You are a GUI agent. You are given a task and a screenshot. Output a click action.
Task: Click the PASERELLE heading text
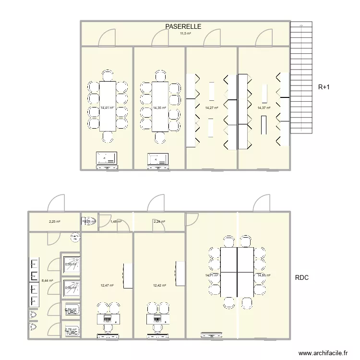coord(183,27)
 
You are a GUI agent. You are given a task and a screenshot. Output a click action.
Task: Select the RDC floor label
coord(302,277)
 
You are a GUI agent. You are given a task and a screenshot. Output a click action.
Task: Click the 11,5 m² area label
coord(185,34)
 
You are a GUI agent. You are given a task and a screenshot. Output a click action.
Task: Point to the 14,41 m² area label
coord(107,108)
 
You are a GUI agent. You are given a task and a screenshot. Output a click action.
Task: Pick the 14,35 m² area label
coord(159,108)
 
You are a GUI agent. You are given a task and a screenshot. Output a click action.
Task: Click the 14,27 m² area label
coord(212,108)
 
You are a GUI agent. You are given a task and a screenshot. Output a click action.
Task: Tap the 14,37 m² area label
coord(264,108)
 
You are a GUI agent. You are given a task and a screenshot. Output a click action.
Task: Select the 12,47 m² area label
coord(107,286)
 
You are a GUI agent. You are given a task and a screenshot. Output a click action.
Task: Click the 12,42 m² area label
coord(159,286)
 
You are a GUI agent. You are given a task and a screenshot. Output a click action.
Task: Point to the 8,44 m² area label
coord(47,281)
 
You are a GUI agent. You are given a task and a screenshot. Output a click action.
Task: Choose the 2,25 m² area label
coord(54,222)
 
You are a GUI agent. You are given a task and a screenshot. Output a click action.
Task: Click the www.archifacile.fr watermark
coord(323,352)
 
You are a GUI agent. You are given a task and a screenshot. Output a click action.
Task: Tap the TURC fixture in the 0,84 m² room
coord(72,312)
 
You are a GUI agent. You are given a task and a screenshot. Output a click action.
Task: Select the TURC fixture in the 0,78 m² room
coord(72,332)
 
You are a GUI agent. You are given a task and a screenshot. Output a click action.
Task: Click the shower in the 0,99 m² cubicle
coord(71,265)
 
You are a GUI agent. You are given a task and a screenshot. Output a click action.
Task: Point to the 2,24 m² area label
coord(159,222)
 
